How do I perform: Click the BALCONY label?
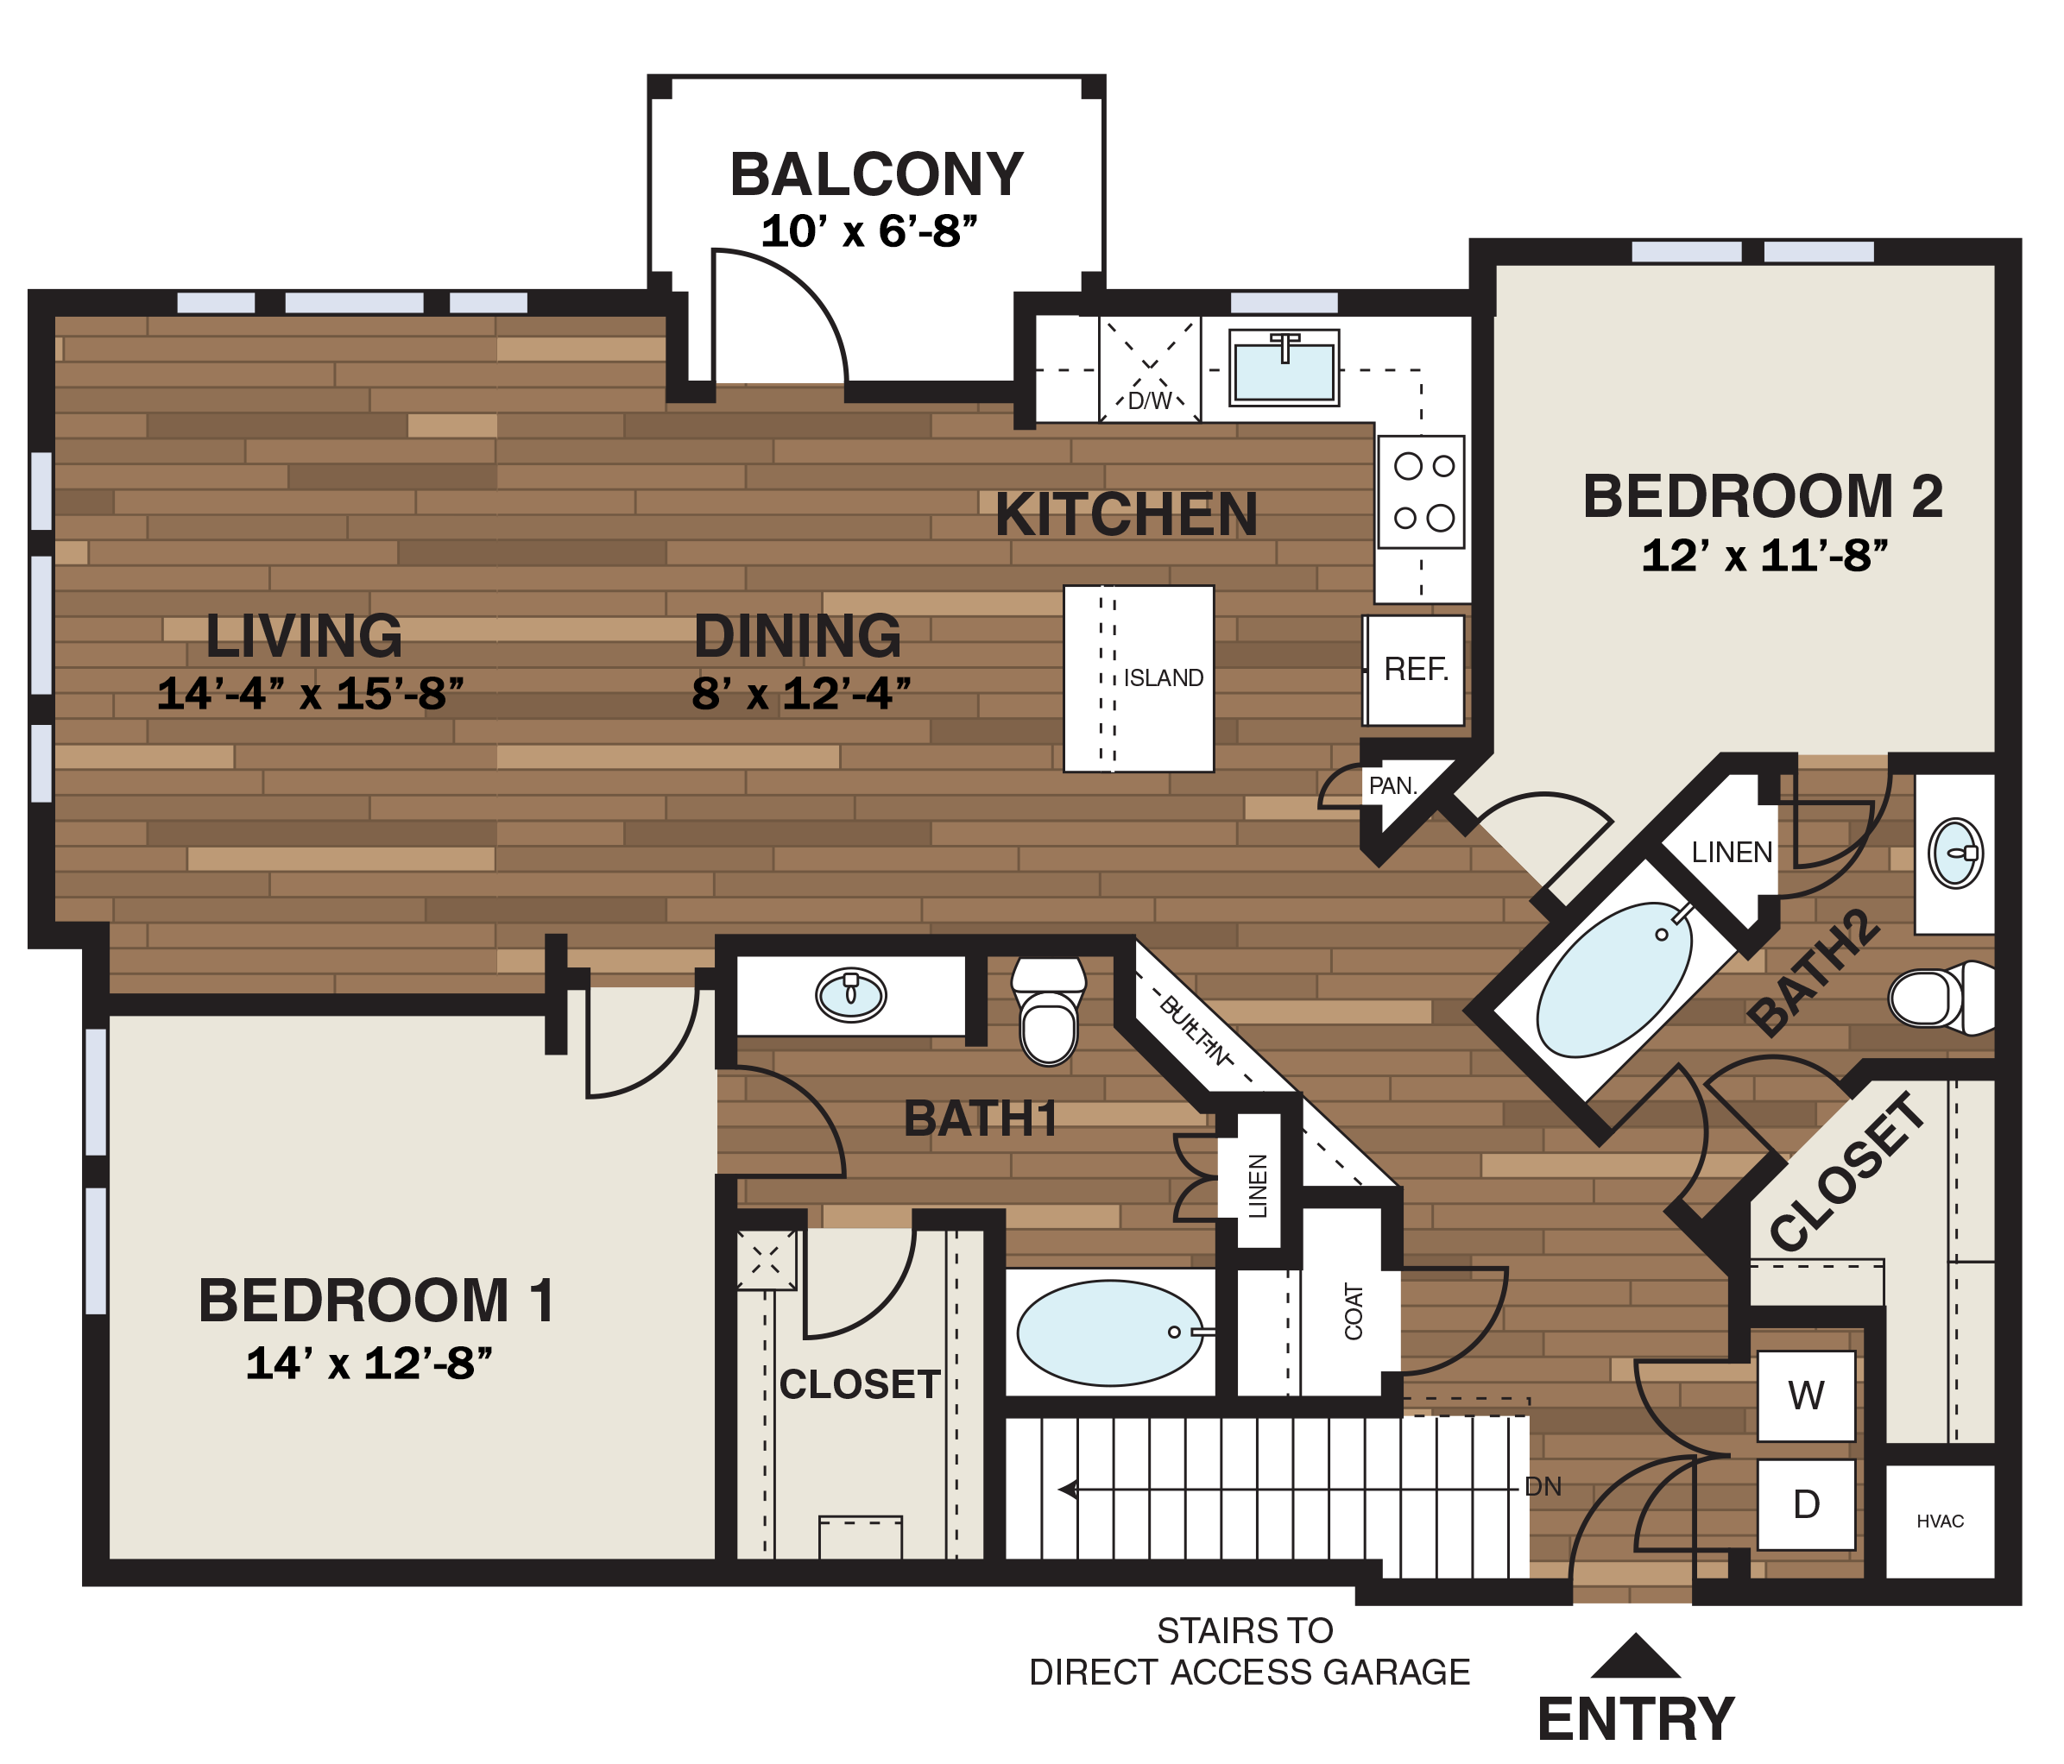click(875, 175)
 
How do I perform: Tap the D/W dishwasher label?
click(1150, 401)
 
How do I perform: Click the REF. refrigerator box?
click(1416, 670)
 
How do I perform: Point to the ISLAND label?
click(1164, 678)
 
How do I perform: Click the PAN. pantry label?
click(1392, 786)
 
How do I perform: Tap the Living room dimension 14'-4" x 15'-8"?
click(311, 694)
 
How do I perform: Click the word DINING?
click(797, 637)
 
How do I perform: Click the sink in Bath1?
click(850, 994)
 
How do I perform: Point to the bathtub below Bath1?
click(1110, 1332)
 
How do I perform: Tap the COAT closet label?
click(1353, 1311)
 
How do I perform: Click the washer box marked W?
click(1805, 1395)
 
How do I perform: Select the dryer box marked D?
click(1805, 1504)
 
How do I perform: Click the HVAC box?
click(1940, 1521)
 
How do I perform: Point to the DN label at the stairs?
click(1542, 1487)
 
